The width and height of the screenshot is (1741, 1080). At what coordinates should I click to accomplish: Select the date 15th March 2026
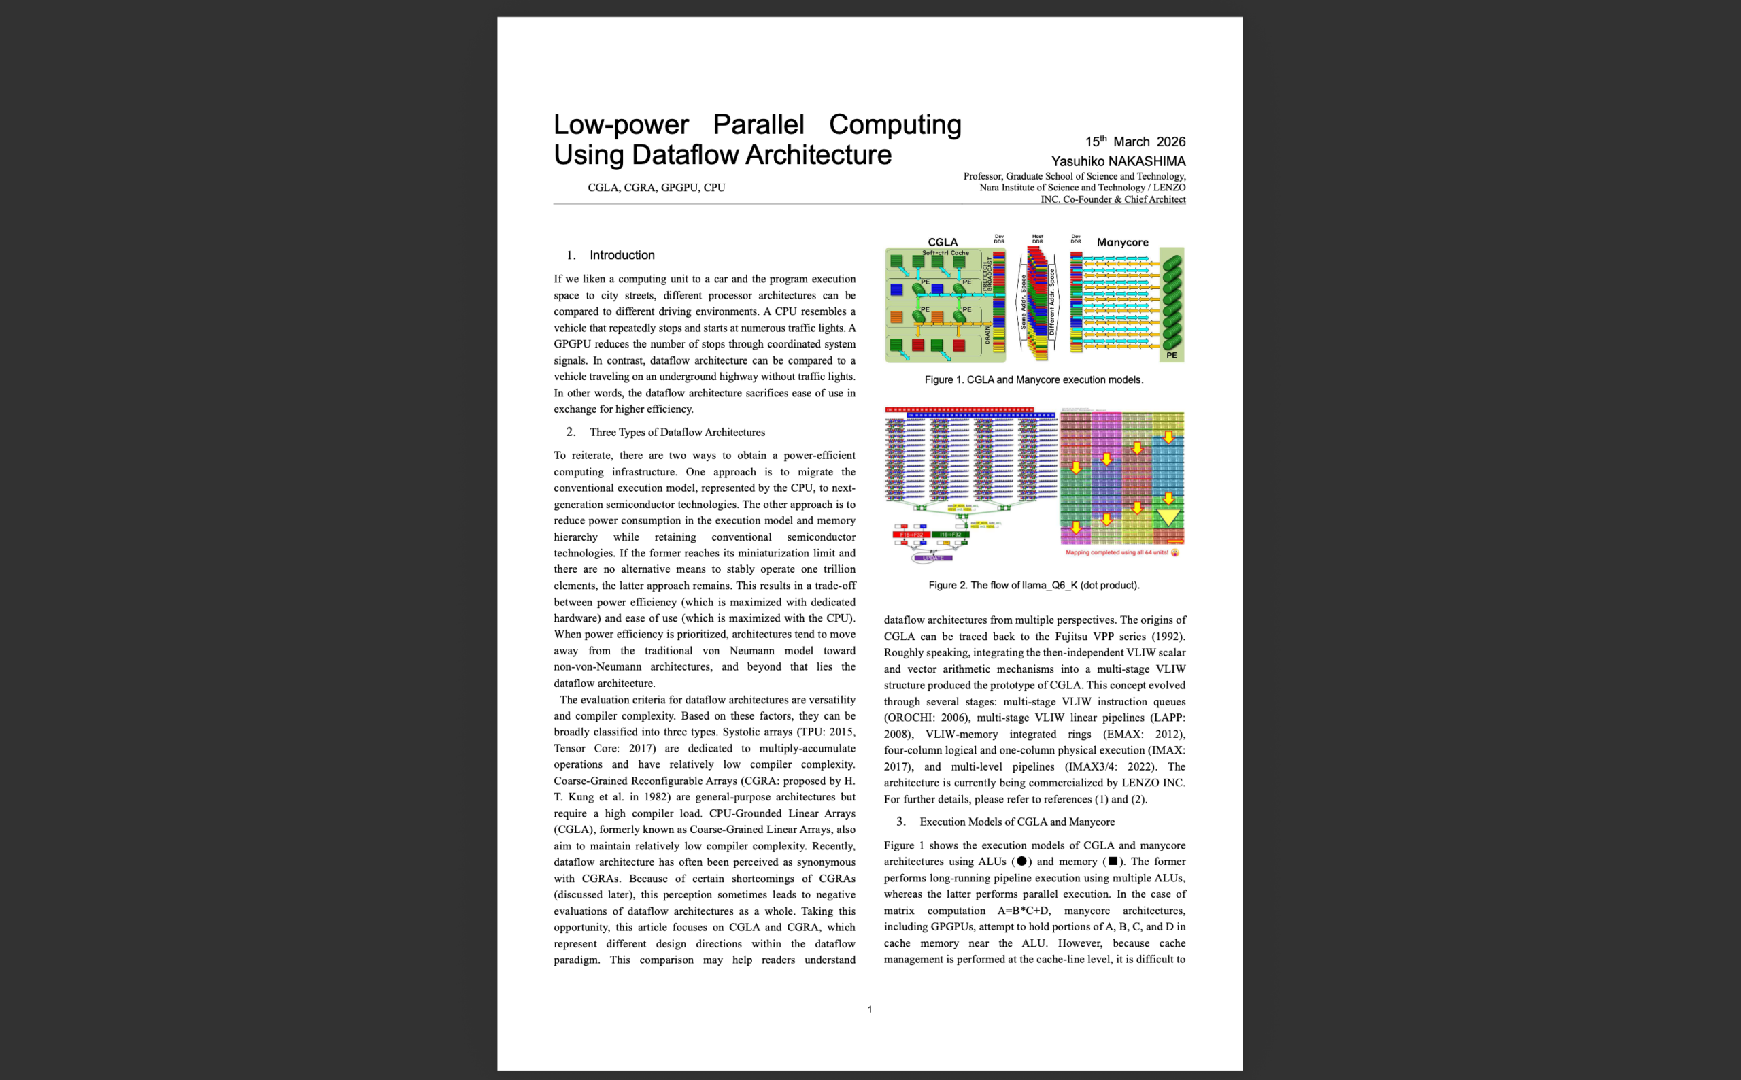[1135, 141]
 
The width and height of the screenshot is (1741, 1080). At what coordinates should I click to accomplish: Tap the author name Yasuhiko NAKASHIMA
[1117, 161]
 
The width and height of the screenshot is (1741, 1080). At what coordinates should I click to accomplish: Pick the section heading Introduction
[622, 255]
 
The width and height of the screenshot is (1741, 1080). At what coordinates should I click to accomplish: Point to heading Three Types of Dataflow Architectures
[676, 432]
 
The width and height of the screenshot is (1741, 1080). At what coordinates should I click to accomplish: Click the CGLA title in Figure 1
[942, 242]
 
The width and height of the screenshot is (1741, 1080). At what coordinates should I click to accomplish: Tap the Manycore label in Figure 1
[1122, 242]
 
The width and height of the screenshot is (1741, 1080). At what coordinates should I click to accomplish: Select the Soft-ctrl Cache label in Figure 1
[945, 253]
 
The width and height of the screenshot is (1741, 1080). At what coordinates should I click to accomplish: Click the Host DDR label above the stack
[1037, 239]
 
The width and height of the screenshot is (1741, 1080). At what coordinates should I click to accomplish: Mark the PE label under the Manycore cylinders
[1171, 355]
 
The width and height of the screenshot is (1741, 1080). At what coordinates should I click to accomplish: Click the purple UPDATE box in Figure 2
[932, 558]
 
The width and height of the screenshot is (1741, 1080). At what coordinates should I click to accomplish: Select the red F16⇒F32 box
[911, 535]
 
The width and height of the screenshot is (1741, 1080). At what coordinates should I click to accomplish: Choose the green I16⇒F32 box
[950, 535]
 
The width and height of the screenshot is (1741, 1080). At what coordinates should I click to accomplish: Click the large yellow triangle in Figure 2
[1168, 516]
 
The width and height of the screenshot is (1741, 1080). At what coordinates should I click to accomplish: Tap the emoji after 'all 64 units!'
[1174, 552]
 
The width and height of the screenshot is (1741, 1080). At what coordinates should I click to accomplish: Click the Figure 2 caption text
[1033, 585]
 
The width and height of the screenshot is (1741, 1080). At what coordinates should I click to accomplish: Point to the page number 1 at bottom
[869, 1009]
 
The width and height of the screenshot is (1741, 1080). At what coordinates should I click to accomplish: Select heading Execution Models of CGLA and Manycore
[1016, 822]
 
